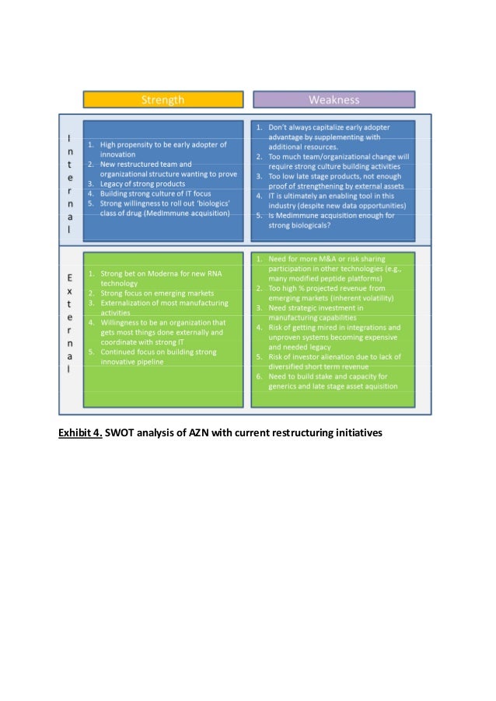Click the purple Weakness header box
click(334, 99)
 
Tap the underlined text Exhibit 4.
click(81, 433)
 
